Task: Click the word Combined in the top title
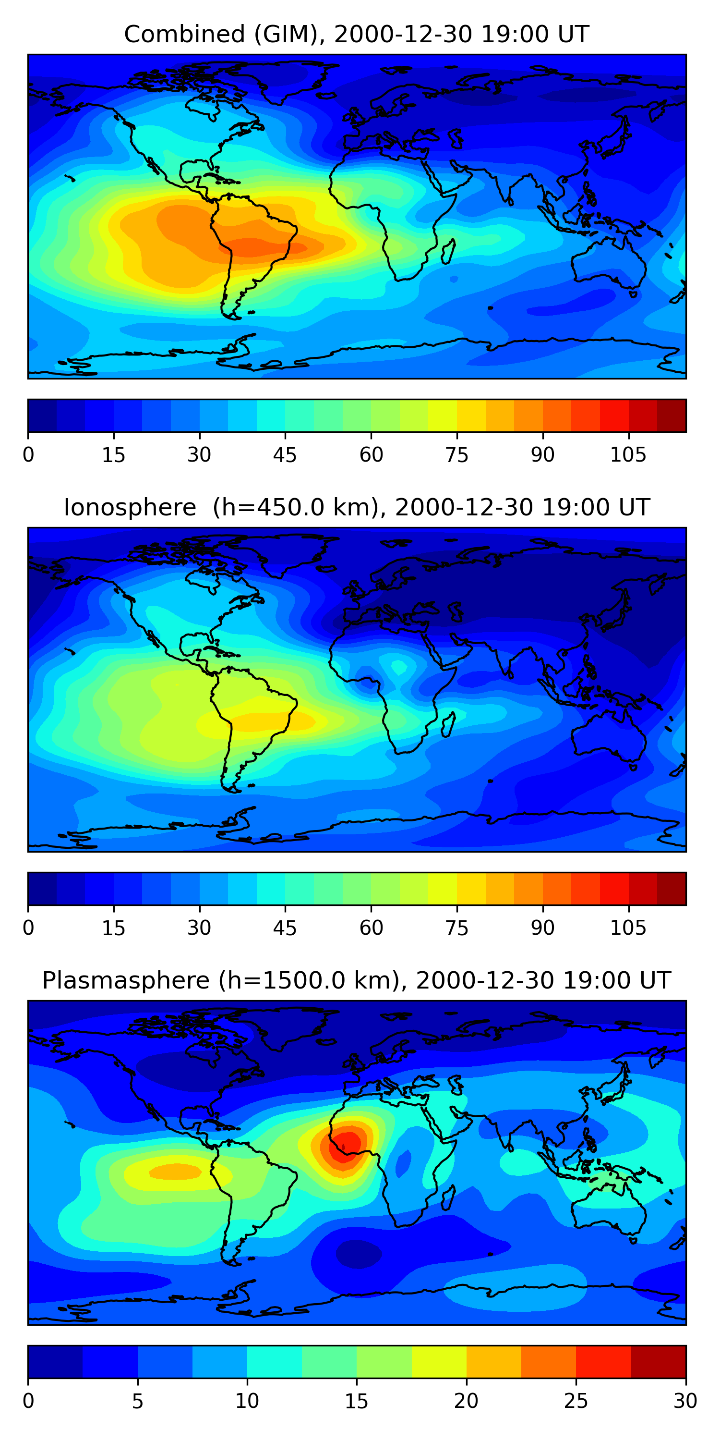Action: (184, 34)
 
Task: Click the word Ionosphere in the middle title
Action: (130, 507)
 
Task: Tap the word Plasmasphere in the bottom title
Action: (126, 981)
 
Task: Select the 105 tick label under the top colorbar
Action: (628, 455)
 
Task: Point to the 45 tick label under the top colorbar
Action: (285, 455)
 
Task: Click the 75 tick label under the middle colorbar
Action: (456, 928)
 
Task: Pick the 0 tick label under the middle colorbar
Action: (28, 928)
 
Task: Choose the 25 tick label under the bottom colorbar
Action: (576, 1401)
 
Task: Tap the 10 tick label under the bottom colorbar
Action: (247, 1401)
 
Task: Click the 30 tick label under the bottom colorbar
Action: (685, 1401)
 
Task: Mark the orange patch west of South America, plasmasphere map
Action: (176, 1172)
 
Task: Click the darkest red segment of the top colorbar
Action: (672, 415)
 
